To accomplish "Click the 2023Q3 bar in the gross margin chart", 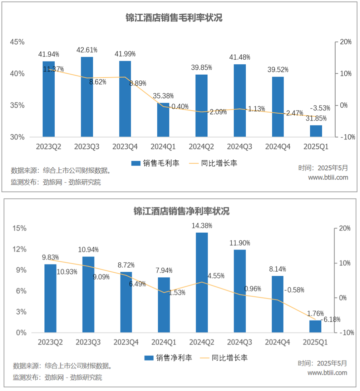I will (87, 96).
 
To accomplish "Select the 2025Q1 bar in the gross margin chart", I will (316, 131).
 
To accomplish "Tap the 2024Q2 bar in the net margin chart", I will (202, 282).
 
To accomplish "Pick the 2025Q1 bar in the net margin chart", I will (316, 326).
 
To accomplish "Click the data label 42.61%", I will (87, 50).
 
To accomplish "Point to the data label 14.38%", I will (202, 226).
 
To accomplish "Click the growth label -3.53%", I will (320, 108).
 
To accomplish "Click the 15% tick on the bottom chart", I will (20, 228).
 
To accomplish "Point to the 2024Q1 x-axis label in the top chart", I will (163, 147).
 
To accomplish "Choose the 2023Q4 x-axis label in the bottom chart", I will (126, 342).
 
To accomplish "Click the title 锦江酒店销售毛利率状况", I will (174, 18).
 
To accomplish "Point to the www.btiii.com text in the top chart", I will (328, 178).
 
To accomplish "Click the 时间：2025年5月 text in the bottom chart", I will (322, 363).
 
